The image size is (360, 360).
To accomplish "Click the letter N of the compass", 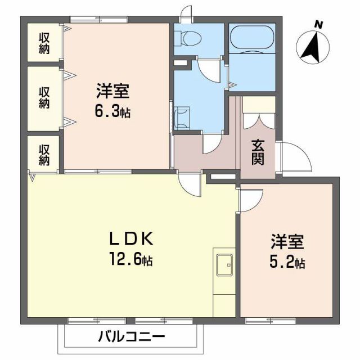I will pyautogui.click(x=319, y=24).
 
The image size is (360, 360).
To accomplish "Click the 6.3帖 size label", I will pyautogui.click(x=112, y=111).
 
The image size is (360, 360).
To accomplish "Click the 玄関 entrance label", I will pyautogui.click(x=258, y=151).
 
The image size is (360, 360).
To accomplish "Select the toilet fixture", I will pyautogui.click(x=188, y=38).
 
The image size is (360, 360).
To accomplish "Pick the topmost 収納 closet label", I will pyautogui.click(x=44, y=42).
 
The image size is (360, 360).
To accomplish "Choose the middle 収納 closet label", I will pyautogui.click(x=44, y=97).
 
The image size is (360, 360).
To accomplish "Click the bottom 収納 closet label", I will pyautogui.click(x=44, y=154).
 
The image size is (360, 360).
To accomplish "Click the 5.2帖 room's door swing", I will pyautogui.click(x=251, y=201).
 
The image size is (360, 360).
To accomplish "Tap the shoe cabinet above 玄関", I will pyautogui.click(x=259, y=104).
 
